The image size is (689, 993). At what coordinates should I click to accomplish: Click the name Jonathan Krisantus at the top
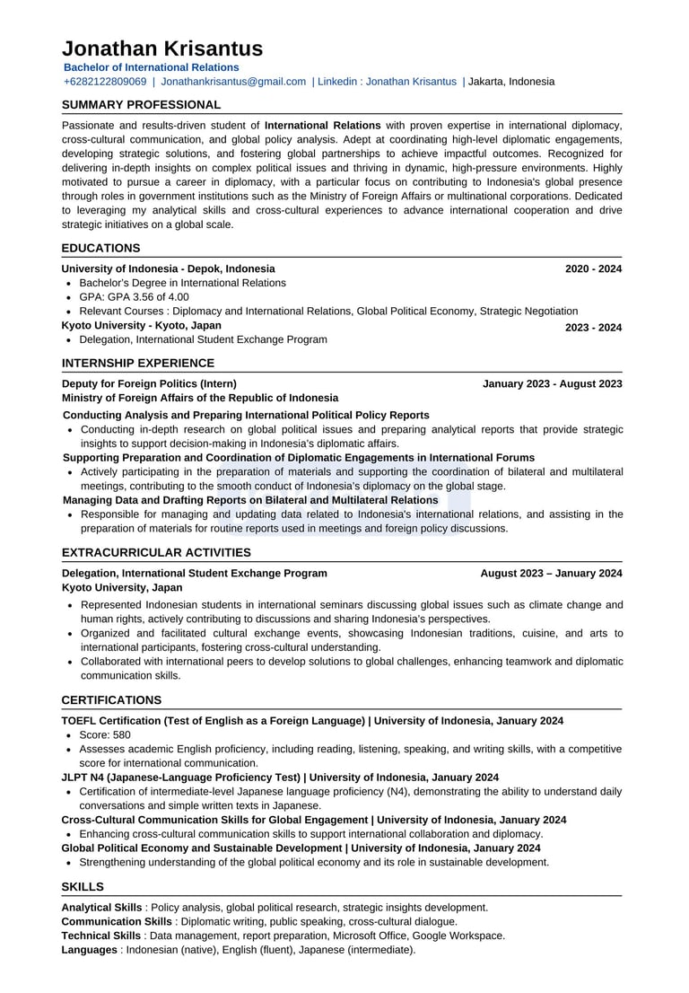[x=162, y=48]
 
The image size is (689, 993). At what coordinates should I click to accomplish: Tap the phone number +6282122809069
[x=105, y=82]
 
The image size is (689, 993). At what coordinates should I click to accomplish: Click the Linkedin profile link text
[x=387, y=82]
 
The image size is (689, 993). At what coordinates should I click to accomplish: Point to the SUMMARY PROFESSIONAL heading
[x=141, y=105]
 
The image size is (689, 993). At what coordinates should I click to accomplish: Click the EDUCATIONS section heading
[x=100, y=248]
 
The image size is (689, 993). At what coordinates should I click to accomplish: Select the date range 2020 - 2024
[x=593, y=268]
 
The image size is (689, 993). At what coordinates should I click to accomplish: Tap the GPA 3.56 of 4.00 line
[x=134, y=297]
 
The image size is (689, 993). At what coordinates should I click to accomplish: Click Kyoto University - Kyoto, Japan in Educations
[x=141, y=325]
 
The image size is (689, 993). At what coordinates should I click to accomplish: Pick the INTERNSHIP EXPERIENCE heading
[x=137, y=363]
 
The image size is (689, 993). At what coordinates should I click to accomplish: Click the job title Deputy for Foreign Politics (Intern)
[x=149, y=383]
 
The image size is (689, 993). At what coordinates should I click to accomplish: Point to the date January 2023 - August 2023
[x=552, y=383]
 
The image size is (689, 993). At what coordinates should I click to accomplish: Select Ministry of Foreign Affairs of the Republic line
[x=200, y=398]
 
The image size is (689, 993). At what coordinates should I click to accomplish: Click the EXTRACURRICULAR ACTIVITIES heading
[x=156, y=552]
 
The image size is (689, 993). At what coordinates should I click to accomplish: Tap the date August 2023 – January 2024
[x=551, y=573]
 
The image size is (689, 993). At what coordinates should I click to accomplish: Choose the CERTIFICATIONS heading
[x=111, y=699]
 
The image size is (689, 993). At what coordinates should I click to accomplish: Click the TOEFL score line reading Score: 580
[x=105, y=734]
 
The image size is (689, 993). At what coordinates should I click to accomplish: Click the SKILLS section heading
[x=83, y=886]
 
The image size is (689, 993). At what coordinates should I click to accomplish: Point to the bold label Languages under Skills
[x=90, y=949]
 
